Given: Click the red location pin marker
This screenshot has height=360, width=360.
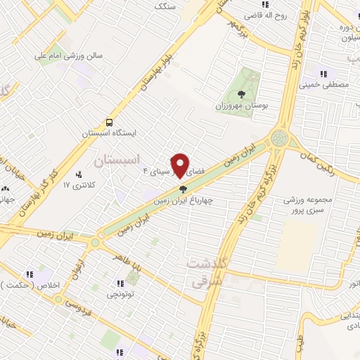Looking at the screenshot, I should pyautogui.click(x=182, y=165).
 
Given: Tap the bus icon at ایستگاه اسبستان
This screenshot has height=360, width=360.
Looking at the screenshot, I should pyautogui.click(x=108, y=122).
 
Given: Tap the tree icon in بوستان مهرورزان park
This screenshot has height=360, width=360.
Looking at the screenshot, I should pyautogui.click(x=241, y=92).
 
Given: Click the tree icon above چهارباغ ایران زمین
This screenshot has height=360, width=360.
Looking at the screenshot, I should pyautogui.click(x=184, y=189).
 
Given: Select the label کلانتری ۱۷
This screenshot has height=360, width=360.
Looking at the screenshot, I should pyautogui.click(x=77, y=185).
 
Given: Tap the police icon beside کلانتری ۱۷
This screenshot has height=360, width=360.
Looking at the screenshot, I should pyautogui.click(x=78, y=174).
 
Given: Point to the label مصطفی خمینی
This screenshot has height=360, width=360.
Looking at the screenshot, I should pyautogui.click(x=324, y=84).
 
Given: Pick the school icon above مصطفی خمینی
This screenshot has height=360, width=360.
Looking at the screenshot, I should pyautogui.click(x=324, y=73).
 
